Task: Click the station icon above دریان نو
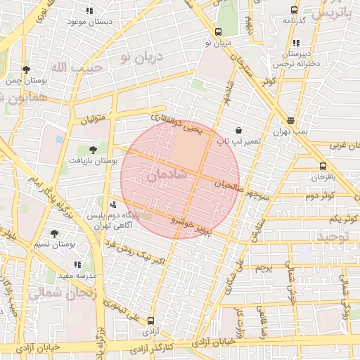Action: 219,32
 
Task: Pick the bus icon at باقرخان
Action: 323,167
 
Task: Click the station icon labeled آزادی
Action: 151,321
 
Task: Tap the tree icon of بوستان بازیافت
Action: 93,150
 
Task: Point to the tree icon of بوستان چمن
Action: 26,70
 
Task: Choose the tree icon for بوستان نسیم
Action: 54,233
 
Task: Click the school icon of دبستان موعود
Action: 89,11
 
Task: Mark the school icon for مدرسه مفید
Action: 77,264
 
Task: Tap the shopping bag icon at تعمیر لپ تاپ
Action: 239,131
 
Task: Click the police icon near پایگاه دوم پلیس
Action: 113,205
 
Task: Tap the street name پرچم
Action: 263,268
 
